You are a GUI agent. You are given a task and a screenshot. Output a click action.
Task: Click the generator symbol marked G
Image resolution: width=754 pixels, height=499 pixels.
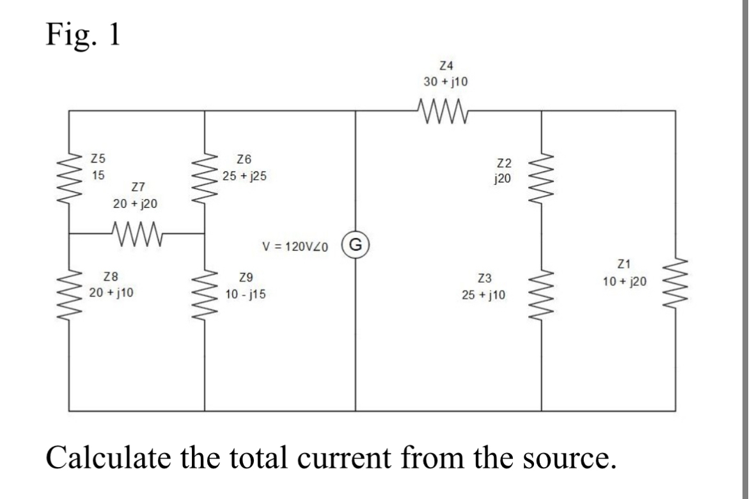356,244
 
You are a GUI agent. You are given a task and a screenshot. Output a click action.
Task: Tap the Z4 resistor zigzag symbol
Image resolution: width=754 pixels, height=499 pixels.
443,109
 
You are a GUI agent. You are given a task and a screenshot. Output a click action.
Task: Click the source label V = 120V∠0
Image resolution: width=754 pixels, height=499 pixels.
295,246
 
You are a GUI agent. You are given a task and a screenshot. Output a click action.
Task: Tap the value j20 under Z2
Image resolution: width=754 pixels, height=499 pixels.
503,178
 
